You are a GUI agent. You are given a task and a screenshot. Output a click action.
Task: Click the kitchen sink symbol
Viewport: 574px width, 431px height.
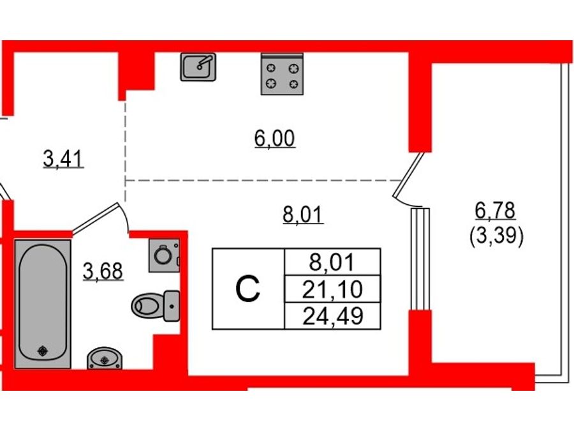click(198, 66)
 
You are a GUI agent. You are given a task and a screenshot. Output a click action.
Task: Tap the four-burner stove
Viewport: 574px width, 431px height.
click(282, 74)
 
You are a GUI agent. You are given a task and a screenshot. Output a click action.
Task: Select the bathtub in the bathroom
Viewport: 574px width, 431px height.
click(43, 304)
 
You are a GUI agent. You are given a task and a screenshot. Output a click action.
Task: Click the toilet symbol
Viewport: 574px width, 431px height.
click(156, 305)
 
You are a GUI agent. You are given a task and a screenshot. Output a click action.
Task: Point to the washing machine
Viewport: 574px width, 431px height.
click(164, 255)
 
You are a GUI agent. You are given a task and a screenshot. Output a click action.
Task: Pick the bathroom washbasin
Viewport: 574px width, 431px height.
click(105, 358)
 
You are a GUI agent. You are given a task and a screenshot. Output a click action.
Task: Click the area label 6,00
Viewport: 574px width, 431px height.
click(274, 139)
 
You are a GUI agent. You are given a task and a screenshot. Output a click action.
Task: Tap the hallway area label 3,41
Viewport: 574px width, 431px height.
click(63, 159)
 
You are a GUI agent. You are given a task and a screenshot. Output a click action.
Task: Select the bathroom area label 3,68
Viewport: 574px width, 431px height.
click(103, 271)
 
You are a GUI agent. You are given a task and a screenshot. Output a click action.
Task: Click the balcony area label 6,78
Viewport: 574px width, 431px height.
click(496, 211)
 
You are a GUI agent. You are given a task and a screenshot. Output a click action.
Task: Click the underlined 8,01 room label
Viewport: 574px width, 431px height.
click(303, 215)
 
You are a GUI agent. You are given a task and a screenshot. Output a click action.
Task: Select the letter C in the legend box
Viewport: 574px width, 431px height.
click(248, 289)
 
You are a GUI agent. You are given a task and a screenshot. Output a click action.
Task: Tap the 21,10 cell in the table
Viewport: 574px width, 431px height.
click(332, 289)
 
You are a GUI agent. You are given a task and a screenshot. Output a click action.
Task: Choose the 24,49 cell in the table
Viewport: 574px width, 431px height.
click(332, 316)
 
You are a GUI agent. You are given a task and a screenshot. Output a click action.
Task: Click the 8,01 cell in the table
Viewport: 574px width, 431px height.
click(332, 262)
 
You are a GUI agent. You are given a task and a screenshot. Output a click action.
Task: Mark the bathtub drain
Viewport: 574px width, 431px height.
click(43, 351)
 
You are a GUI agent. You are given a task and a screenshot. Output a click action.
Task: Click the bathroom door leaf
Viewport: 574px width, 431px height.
click(96, 218)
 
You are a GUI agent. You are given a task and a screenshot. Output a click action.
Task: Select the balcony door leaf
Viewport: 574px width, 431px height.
click(409, 175)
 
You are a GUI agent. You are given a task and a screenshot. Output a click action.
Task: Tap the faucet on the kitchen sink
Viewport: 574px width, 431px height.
click(205, 61)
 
